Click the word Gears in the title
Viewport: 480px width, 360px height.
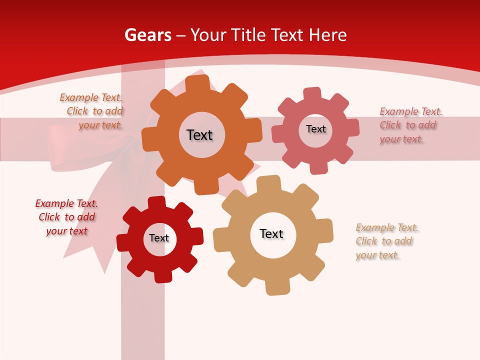(147, 35)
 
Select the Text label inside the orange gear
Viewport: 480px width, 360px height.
(199, 135)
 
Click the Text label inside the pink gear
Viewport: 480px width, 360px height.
(315, 129)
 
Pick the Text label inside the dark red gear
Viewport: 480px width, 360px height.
(159, 238)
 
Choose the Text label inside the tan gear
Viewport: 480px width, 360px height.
(271, 233)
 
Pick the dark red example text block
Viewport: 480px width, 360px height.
(66, 217)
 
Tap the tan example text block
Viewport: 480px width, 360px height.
(386, 241)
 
